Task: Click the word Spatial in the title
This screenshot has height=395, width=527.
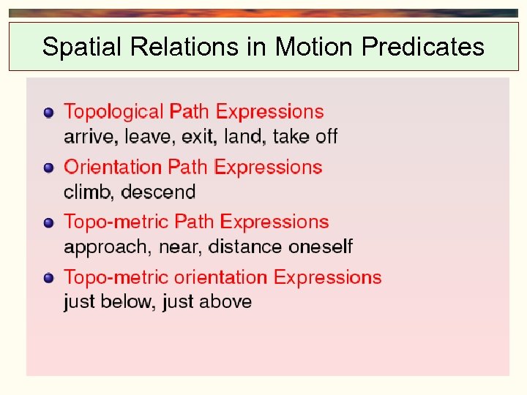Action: click(83, 48)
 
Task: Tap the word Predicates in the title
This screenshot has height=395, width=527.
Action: click(423, 48)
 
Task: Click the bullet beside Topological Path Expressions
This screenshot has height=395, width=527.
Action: click(48, 113)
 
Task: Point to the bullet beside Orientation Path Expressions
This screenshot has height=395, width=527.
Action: click(48, 168)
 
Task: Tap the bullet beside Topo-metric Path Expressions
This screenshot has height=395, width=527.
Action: click(48, 222)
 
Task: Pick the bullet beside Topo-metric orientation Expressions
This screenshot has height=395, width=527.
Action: click(48, 278)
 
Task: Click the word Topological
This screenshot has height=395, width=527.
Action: click(113, 112)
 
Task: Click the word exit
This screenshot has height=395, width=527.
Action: click(201, 137)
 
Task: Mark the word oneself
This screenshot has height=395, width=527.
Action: click(321, 247)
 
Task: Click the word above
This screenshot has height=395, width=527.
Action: click(225, 302)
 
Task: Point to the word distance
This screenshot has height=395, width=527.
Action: click(245, 247)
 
